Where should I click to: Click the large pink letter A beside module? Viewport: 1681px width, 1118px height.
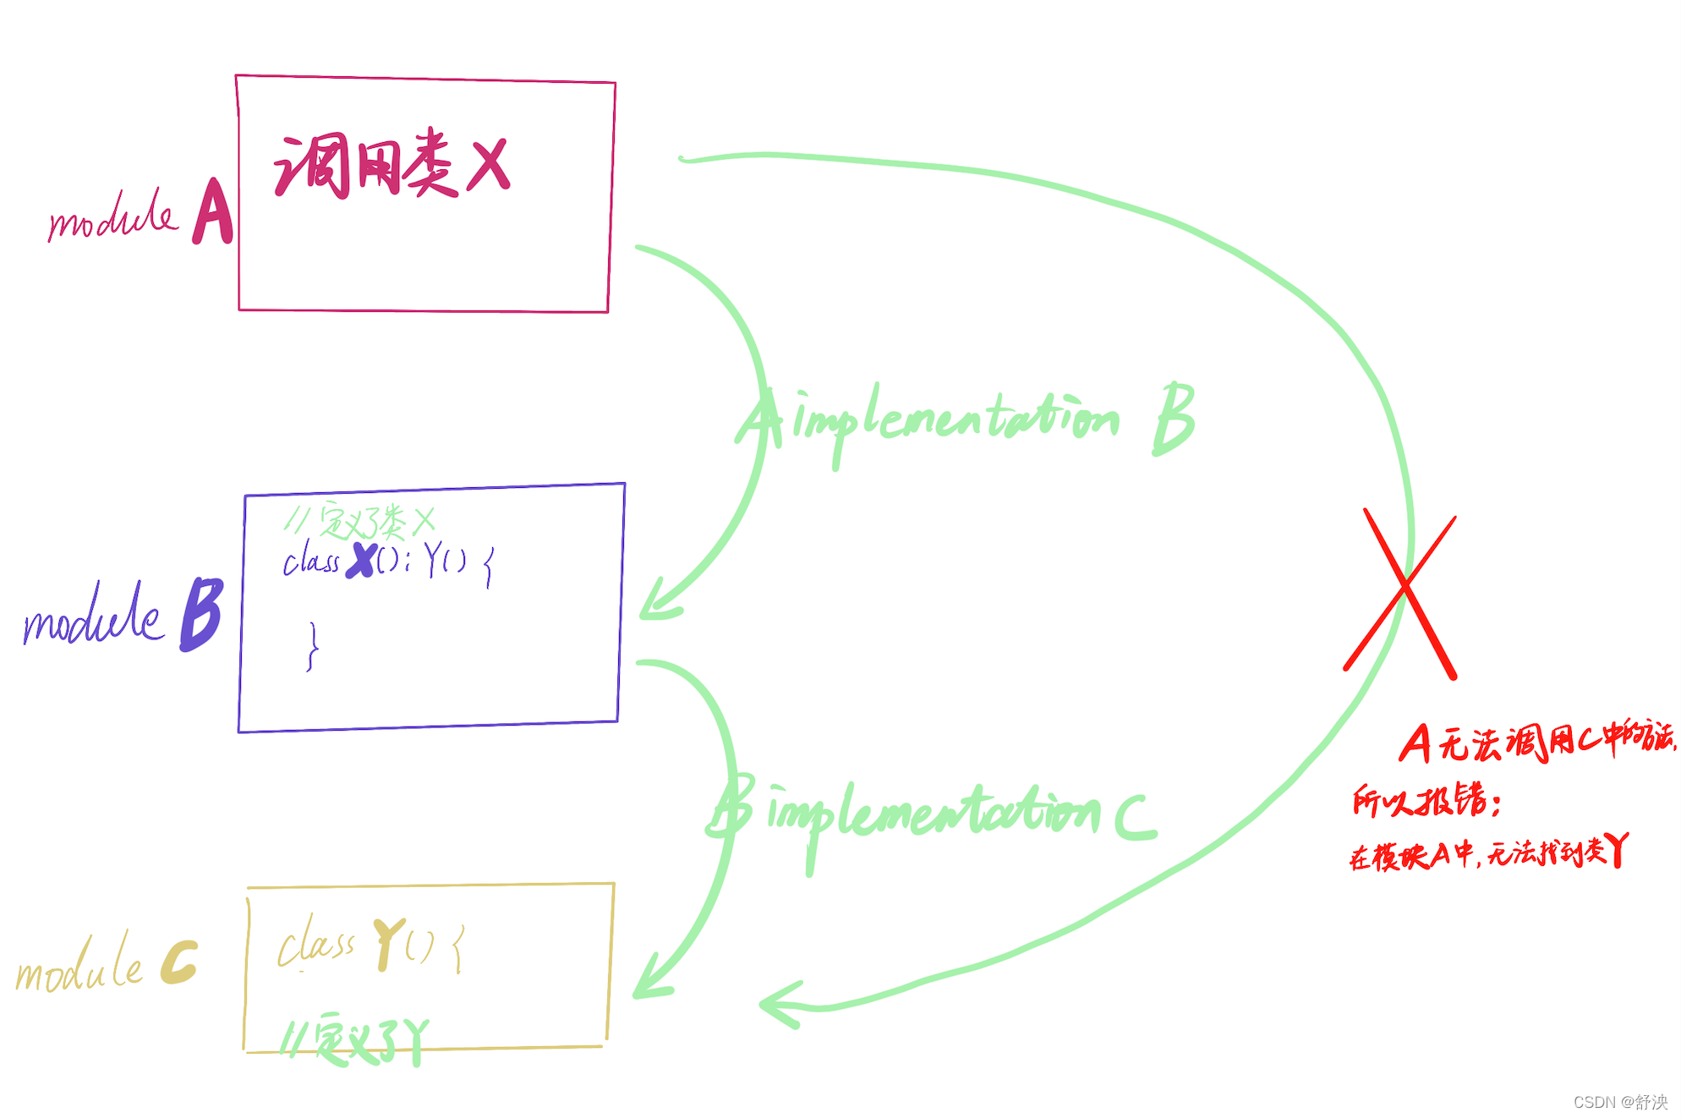[x=213, y=212]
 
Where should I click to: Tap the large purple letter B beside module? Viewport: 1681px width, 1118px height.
[x=201, y=614]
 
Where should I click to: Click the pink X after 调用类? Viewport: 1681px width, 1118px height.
[x=490, y=166]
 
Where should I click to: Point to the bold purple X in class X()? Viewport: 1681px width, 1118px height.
[x=363, y=560]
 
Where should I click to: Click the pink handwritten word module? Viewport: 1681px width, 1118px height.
[x=112, y=216]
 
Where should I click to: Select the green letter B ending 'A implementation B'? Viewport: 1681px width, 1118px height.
[x=1174, y=418]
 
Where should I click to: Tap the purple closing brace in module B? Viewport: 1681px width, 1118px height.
[x=313, y=647]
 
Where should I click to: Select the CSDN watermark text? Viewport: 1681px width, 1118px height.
[x=1620, y=1101]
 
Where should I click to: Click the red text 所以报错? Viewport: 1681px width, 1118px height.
[x=1426, y=800]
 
